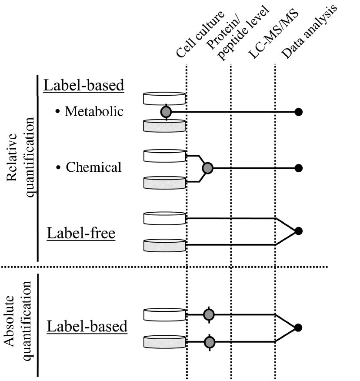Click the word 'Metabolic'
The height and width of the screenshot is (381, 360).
click(x=94, y=112)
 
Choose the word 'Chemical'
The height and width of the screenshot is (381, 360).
click(x=93, y=167)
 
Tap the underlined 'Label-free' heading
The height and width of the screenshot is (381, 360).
click(x=81, y=234)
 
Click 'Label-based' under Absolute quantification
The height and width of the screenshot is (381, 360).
click(x=87, y=326)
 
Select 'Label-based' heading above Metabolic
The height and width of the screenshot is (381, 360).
click(x=84, y=85)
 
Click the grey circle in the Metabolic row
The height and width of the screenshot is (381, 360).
click(x=166, y=112)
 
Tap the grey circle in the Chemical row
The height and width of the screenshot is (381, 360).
click(x=208, y=167)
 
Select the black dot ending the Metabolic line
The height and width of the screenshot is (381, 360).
click(x=298, y=112)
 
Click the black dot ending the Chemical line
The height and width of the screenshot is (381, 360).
click(x=298, y=168)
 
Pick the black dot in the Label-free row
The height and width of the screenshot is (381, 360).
click(x=298, y=231)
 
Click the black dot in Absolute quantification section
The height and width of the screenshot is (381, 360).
click(x=298, y=328)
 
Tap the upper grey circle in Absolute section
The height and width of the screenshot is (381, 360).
click(x=209, y=314)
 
